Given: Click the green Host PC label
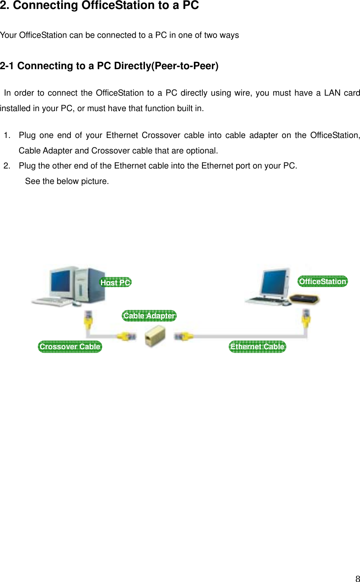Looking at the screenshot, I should pyautogui.click(x=116, y=282).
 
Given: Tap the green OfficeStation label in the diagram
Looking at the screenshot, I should pyautogui.click(x=323, y=281).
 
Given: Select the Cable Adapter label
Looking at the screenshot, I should pyautogui.click(x=149, y=316).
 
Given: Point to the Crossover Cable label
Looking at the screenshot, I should pyautogui.click(x=70, y=347).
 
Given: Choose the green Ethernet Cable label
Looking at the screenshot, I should pyautogui.click(x=257, y=347).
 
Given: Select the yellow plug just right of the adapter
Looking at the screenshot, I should pyautogui.click(x=184, y=336).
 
